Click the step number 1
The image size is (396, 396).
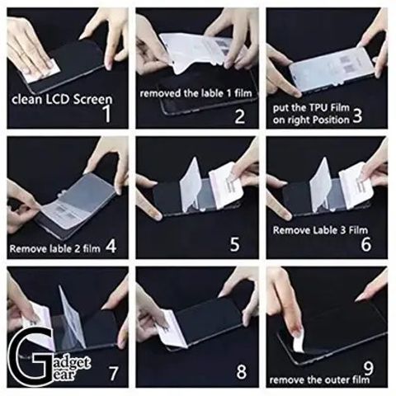click(107, 113)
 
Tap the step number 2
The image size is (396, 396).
click(240, 116)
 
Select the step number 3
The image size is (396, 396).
click(356, 115)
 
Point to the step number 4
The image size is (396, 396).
click(111, 246)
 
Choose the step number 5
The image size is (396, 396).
click(234, 243)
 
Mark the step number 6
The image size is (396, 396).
click(366, 244)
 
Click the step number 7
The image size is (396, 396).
click(113, 373)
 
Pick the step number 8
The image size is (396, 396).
click(242, 371)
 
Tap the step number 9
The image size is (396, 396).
click(369, 368)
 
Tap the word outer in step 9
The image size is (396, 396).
click(335, 380)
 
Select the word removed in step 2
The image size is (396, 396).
click(160, 93)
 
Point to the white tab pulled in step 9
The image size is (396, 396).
click(299, 341)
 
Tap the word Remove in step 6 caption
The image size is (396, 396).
click(290, 230)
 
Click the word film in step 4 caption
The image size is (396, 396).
click(92, 249)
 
